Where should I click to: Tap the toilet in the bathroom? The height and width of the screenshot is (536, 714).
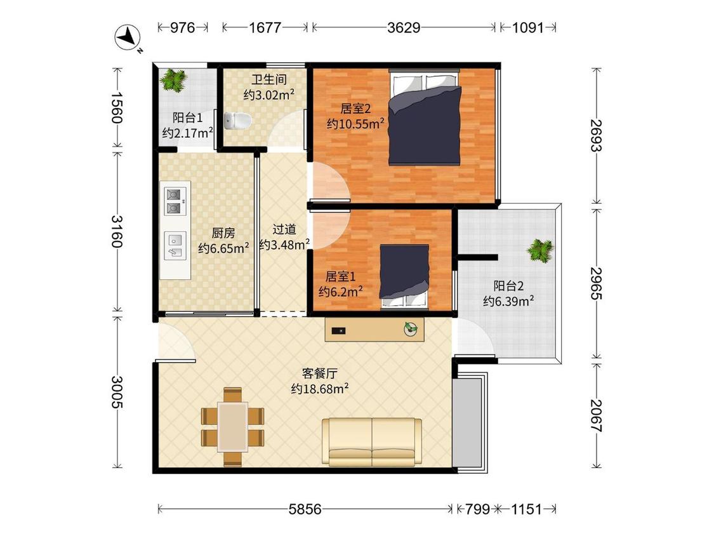(238, 121)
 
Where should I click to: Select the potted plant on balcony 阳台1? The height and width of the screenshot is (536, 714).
(173, 80)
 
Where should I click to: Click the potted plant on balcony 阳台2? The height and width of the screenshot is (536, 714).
(541, 251)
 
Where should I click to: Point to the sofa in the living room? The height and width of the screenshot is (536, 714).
(371, 442)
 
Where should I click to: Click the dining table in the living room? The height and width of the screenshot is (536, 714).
(233, 427)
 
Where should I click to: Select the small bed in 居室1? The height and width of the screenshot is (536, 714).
(405, 277)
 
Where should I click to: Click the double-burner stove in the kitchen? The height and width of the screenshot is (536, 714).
(175, 201)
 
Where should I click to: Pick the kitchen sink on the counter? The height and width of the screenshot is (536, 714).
(175, 246)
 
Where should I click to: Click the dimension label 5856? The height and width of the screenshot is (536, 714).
(305, 509)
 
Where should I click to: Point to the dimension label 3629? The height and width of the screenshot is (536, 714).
(404, 28)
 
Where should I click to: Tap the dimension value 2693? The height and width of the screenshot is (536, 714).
(597, 135)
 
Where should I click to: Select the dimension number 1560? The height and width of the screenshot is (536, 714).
(117, 107)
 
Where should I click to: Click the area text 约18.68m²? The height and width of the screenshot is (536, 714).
(320, 389)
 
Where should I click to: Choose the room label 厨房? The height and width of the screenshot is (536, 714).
(223, 233)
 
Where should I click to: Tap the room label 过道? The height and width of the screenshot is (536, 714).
(284, 229)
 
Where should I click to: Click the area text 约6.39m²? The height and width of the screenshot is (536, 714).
(508, 301)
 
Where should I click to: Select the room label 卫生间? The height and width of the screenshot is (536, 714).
(269, 79)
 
